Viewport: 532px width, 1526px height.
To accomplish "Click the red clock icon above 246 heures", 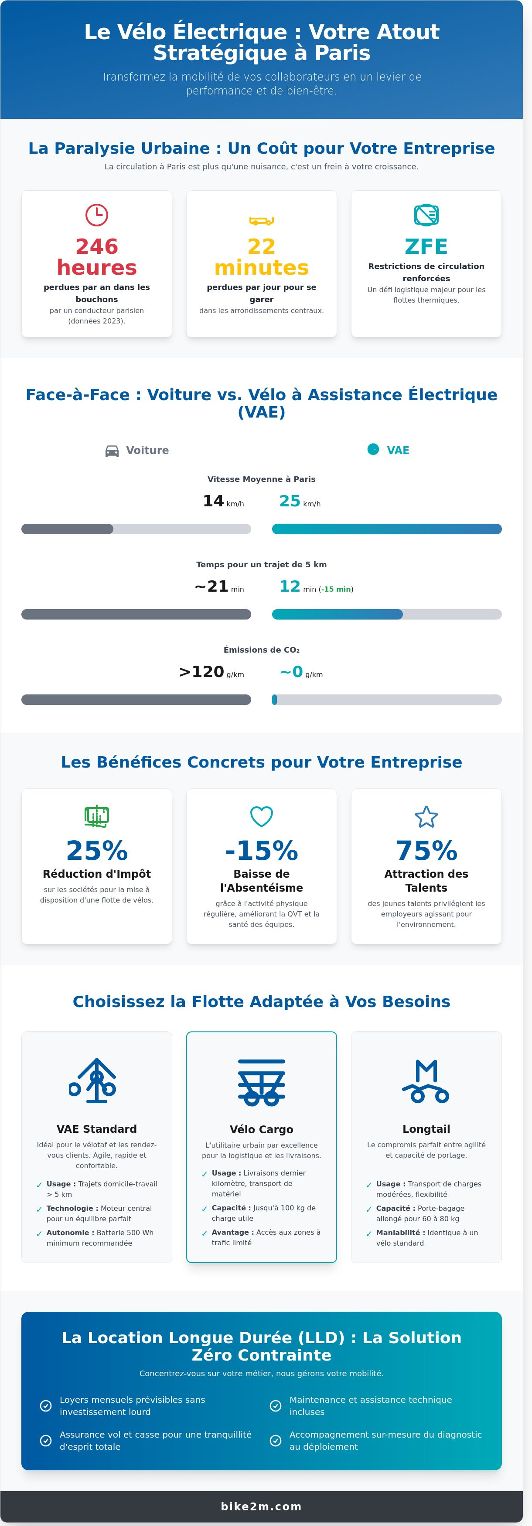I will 97,215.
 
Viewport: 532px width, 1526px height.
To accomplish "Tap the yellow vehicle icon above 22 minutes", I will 262,221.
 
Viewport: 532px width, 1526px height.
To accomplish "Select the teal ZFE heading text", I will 426,246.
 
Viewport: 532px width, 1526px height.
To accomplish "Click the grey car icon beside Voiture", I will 112,451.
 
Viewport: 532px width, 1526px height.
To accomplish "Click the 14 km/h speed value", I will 223,501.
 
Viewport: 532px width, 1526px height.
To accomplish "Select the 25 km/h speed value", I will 300,501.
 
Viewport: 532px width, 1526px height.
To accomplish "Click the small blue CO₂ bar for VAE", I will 275,700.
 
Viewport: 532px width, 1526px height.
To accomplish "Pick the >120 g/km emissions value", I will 211,672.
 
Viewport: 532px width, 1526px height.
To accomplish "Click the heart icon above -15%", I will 262,816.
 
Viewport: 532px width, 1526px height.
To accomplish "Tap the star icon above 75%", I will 426,816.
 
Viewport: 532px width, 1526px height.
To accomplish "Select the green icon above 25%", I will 97,816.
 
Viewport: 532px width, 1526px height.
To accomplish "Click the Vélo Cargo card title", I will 262,1129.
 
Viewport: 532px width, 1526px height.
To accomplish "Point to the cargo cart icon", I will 262,1082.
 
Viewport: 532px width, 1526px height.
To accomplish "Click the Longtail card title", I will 426,1129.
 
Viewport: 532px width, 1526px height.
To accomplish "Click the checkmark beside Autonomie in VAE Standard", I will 39,1234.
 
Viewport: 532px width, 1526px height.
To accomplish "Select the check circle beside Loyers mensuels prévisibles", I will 46,1406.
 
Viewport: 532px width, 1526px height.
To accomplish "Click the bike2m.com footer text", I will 262,1506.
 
